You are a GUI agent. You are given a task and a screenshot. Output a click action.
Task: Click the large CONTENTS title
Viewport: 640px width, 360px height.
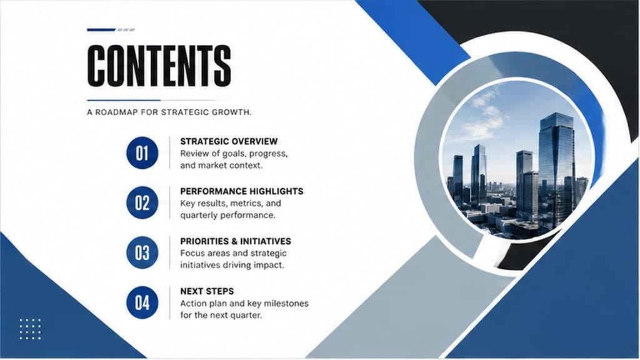pos(159,65)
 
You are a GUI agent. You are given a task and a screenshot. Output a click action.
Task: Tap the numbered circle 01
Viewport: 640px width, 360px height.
pos(142,153)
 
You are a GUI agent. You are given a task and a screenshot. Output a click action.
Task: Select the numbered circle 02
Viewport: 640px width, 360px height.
pos(142,203)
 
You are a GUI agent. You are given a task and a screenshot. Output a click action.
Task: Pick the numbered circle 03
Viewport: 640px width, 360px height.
pos(142,252)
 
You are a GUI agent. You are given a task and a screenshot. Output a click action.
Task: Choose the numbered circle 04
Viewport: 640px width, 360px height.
pos(142,302)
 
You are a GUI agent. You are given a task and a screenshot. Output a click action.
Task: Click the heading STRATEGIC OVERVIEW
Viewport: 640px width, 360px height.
pos(229,142)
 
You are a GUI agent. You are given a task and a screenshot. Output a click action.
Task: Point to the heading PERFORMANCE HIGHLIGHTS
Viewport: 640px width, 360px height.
pos(242,191)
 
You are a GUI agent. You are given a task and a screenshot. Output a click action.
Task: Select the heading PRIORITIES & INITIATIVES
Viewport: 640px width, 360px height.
pos(236,241)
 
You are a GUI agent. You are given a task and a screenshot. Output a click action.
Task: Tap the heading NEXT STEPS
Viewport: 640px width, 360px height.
pos(207,291)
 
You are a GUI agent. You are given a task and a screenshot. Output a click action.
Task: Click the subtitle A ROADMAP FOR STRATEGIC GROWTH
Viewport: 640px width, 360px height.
pos(169,112)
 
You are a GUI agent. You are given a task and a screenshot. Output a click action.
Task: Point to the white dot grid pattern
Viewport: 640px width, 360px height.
pos(30,329)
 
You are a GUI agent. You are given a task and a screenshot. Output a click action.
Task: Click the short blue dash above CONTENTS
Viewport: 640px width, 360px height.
pos(101,30)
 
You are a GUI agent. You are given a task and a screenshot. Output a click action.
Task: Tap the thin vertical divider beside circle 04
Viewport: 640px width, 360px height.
pos(170,302)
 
